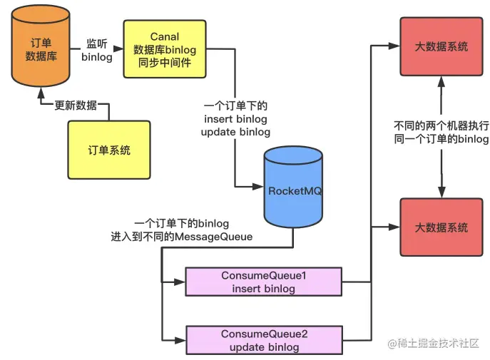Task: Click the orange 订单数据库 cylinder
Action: [x=41, y=46]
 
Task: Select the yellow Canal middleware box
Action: [x=165, y=49]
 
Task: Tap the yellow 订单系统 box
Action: [x=109, y=150]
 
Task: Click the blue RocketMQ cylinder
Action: [x=293, y=187]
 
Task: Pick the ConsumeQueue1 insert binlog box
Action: [x=263, y=282]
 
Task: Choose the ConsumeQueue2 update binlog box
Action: [x=264, y=340]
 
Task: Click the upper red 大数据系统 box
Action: [x=441, y=46]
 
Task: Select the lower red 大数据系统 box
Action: [x=441, y=227]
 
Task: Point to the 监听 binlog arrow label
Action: [x=97, y=50]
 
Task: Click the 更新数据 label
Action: [x=76, y=106]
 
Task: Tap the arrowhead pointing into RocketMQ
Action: [x=258, y=187]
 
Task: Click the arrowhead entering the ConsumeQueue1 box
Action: [x=180, y=282]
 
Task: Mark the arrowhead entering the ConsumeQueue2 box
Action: [x=180, y=340]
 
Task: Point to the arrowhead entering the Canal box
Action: [x=118, y=48]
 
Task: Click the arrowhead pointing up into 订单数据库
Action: [x=41, y=93]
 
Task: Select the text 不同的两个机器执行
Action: [x=441, y=125]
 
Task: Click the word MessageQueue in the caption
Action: [x=213, y=237]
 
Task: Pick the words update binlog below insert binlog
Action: [x=235, y=132]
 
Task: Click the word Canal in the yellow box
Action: [x=165, y=36]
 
